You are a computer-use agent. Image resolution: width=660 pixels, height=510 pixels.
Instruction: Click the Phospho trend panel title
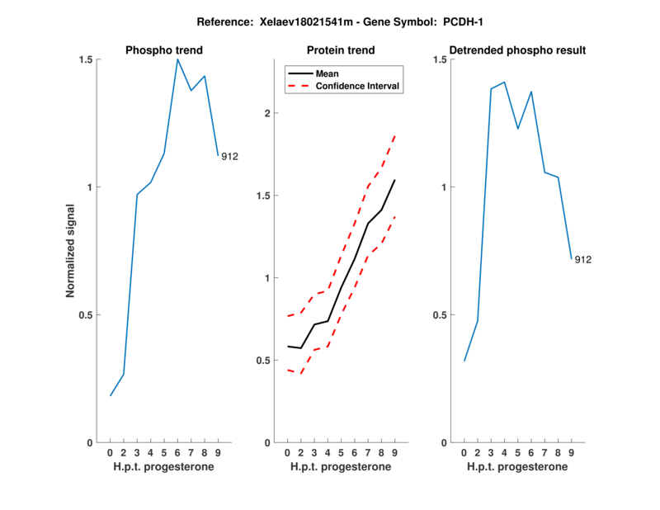[x=163, y=50]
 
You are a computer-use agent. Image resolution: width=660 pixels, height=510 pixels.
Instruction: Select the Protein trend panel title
[x=341, y=50]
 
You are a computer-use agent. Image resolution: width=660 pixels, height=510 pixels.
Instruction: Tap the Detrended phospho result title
[x=516, y=50]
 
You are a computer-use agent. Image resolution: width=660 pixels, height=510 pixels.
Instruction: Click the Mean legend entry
[x=328, y=73]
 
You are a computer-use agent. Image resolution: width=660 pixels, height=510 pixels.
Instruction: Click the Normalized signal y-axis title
[x=72, y=250]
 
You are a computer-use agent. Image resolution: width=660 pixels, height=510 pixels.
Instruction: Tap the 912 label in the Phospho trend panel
[x=229, y=156]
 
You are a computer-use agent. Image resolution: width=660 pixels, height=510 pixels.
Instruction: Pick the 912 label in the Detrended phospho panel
[x=583, y=260]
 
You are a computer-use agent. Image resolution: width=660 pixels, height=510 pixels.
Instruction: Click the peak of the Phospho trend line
[x=177, y=59]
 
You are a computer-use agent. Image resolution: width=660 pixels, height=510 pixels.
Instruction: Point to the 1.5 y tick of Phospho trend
[x=85, y=59]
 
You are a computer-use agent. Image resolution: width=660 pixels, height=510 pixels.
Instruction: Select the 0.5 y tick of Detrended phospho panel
[x=438, y=314]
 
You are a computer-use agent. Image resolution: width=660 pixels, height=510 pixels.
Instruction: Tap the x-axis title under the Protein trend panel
[x=341, y=467]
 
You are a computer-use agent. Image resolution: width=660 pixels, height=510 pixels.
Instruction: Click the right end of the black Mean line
[x=395, y=180]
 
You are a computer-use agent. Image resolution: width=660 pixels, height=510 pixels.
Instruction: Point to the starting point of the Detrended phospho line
[x=464, y=361]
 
